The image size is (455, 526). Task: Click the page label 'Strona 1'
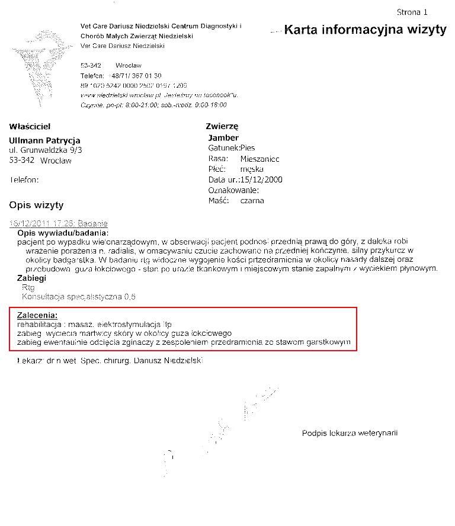pos(412,12)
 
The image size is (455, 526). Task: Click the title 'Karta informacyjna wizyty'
pos(365,30)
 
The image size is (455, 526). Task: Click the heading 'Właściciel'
pos(30,126)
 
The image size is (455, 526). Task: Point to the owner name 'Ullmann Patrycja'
pos(45,140)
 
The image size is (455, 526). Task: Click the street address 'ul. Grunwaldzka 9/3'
pos(46,150)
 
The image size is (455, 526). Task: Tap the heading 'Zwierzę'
pos(222,126)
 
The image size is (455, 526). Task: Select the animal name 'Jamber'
pos(223,137)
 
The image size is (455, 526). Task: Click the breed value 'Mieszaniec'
pos(260,159)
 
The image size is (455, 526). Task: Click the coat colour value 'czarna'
pos(252,201)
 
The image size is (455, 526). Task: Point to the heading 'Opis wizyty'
pos(36,206)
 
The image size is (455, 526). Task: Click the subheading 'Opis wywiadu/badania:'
pos(63,233)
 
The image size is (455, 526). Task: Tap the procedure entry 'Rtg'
pos(28,287)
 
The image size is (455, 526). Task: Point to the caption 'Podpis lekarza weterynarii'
pos(350,433)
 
